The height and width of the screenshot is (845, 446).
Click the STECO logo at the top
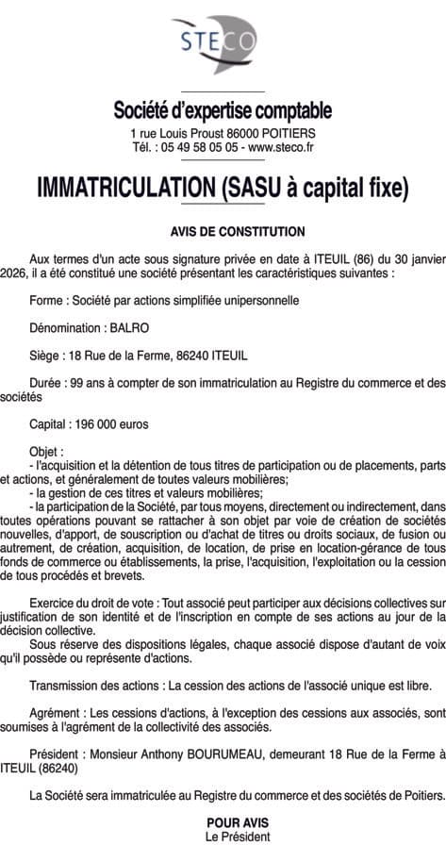click(x=223, y=42)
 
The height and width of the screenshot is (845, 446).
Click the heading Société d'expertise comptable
click(x=223, y=111)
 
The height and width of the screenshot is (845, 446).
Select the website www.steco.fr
click(x=281, y=148)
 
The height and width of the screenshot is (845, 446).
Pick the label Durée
click(x=46, y=383)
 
